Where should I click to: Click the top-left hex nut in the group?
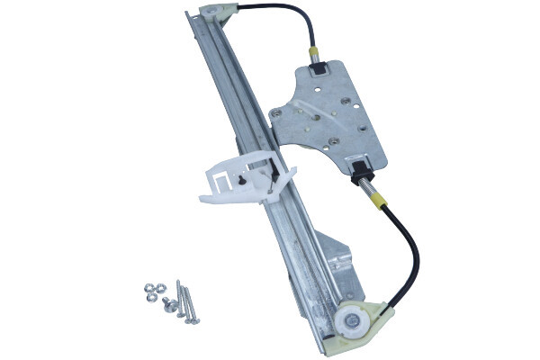point(150,290)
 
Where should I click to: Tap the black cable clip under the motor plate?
point(359,166)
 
